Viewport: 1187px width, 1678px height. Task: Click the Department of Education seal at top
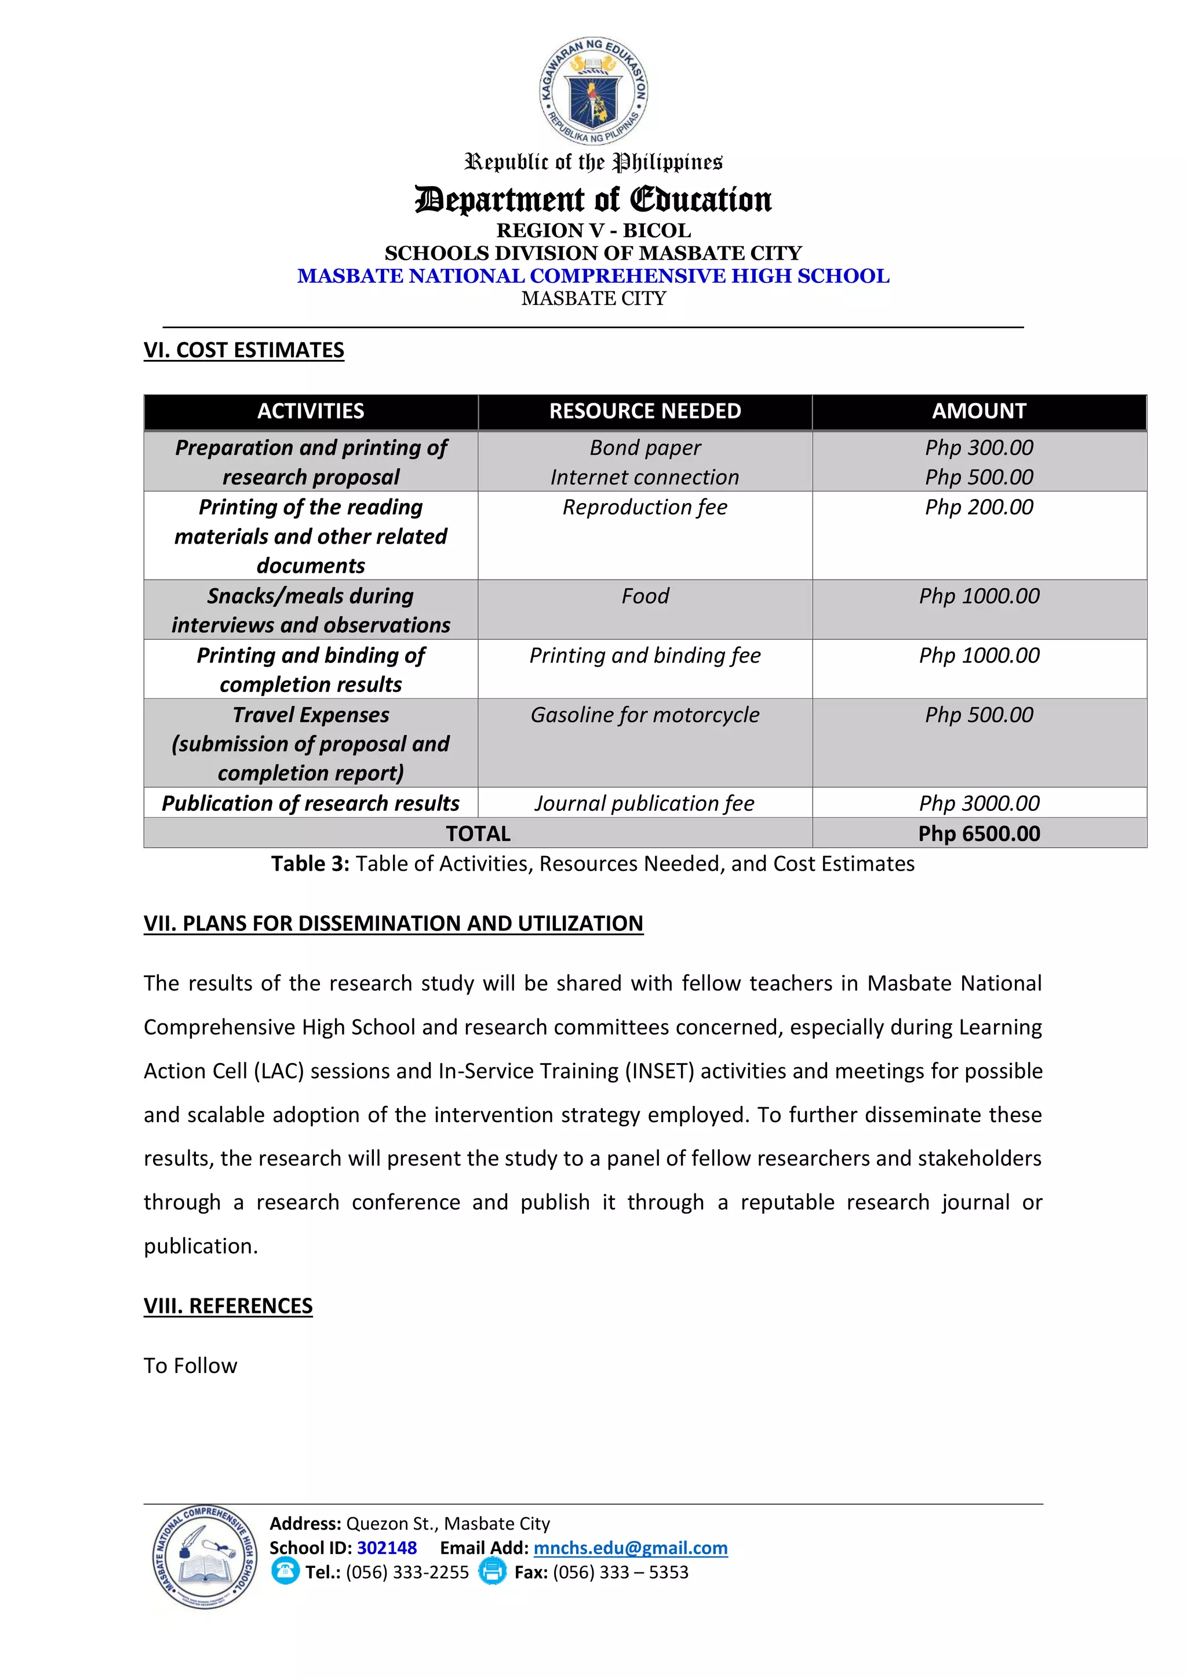tap(593, 90)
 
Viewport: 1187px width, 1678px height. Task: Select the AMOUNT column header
tap(979, 412)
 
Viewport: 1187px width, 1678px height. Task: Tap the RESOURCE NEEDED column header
tap(645, 412)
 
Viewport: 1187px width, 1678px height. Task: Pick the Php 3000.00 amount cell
tap(979, 803)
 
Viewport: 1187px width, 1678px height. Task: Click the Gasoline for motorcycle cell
tap(645, 715)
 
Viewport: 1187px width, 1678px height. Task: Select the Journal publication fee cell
tap(645, 803)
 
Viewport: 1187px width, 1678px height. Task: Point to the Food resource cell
tap(645, 596)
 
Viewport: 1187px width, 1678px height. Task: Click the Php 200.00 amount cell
tap(979, 507)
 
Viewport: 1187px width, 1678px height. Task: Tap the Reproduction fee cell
tap(645, 507)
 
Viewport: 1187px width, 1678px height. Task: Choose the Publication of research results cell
tap(311, 803)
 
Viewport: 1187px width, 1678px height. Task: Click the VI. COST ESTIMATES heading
tap(243, 350)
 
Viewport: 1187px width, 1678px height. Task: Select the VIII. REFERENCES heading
tap(228, 1305)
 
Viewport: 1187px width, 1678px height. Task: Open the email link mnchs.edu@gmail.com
tap(630, 1548)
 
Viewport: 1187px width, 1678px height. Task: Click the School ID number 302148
tap(387, 1548)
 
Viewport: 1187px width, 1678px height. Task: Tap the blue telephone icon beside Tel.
tap(285, 1571)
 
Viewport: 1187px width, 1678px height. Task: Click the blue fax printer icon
tap(492, 1571)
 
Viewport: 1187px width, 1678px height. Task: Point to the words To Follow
tap(190, 1365)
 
